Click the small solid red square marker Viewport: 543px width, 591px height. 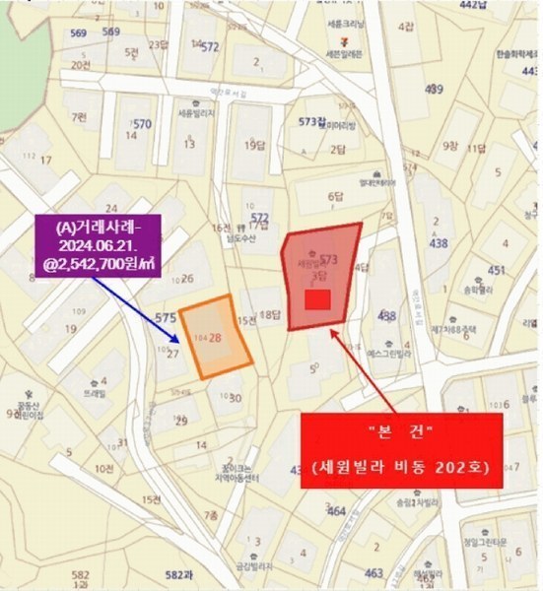click(x=316, y=299)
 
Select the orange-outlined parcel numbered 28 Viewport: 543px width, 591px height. click(x=215, y=338)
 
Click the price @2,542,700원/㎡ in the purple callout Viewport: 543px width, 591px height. click(x=98, y=262)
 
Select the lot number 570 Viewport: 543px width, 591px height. click(x=142, y=124)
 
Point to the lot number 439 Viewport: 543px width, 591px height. click(x=434, y=90)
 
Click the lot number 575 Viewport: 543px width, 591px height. click(x=165, y=317)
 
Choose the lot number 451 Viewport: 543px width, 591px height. click(x=497, y=270)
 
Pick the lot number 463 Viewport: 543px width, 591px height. click(x=373, y=572)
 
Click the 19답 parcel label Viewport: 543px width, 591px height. click(x=255, y=145)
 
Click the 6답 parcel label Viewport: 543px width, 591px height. click(x=336, y=196)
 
